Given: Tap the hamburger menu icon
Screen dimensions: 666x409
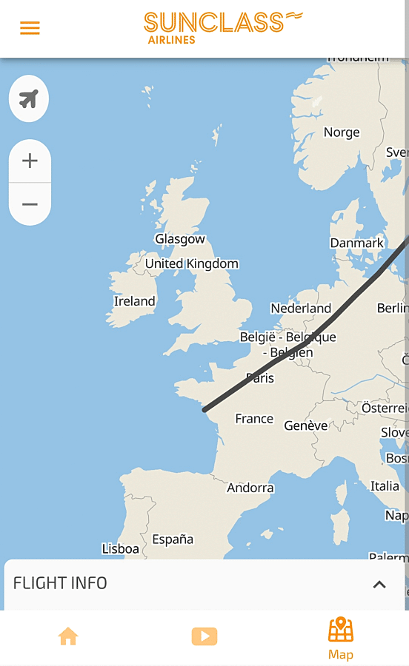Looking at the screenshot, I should coord(30,28).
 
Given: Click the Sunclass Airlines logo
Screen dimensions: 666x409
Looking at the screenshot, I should coord(222,28).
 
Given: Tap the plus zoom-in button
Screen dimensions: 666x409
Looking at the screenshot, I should coord(30,161).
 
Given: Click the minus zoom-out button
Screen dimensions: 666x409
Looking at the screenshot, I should coord(30,204).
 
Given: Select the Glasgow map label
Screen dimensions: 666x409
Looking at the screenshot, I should coord(180,239).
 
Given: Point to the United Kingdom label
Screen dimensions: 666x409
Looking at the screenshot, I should coord(192,263).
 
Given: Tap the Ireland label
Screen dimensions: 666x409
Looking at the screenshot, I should coord(134,301).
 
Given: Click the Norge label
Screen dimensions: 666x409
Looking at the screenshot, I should coord(342,132).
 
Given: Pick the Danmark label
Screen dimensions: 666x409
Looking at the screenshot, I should coord(357,243).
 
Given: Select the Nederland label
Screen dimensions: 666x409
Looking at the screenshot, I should coord(301,308).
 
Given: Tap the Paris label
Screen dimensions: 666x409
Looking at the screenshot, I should coord(260,378).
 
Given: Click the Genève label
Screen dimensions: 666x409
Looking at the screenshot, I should coord(306,425).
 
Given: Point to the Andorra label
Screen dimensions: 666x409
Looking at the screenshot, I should coord(250,488).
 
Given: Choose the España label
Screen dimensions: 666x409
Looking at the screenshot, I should coord(173,539).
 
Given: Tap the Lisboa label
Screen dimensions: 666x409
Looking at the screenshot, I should coord(120,549).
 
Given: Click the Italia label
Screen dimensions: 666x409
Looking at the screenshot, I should coord(385,486).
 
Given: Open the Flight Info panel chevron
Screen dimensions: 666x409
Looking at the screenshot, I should coord(379,585).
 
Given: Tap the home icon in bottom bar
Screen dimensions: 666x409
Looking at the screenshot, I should coord(68,636).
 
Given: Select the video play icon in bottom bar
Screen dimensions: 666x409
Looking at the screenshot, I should coord(204,636).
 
